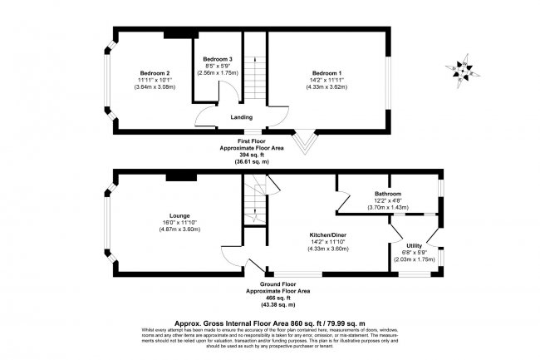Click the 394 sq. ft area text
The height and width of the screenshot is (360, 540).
(262, 155)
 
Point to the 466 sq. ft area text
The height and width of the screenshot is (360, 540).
(278, 298)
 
